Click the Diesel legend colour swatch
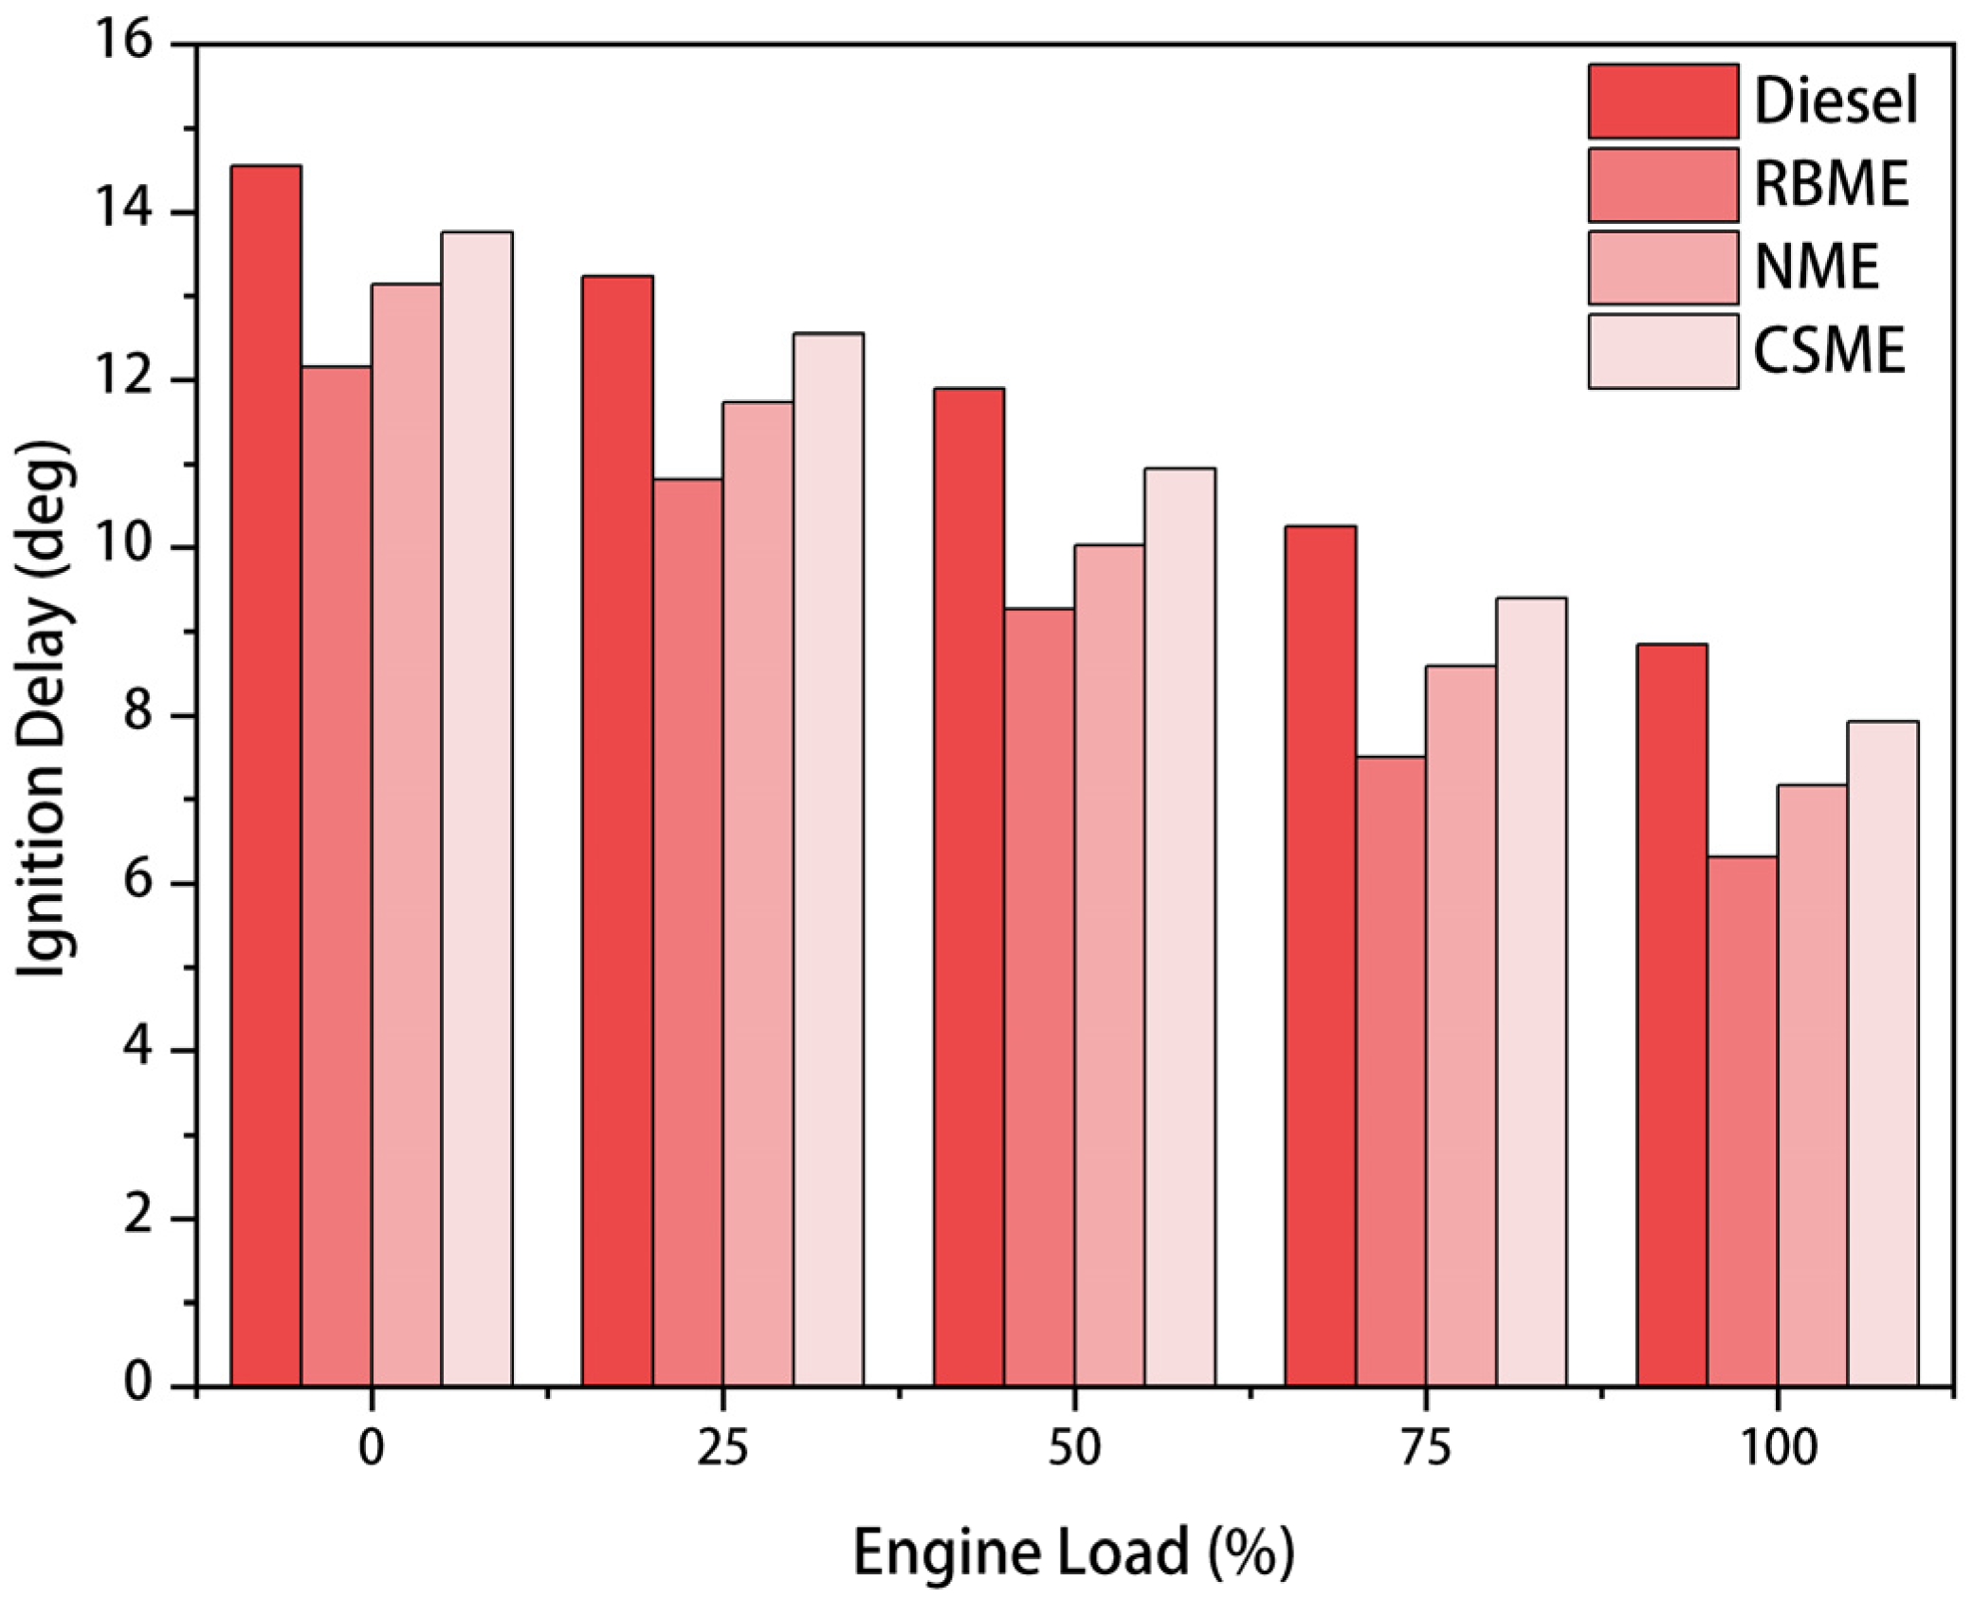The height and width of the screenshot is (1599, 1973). pos(1663,101)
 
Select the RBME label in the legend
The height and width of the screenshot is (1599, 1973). pos(1831,184)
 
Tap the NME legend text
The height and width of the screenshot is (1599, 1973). pos(1816,267)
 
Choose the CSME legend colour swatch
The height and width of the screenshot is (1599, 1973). pos(1663,351)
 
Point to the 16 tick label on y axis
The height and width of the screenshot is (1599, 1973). pos(123,43)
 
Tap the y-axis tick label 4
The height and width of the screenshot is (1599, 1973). pos(137,1050)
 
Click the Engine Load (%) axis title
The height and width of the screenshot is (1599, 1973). pos(1073,1553)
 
